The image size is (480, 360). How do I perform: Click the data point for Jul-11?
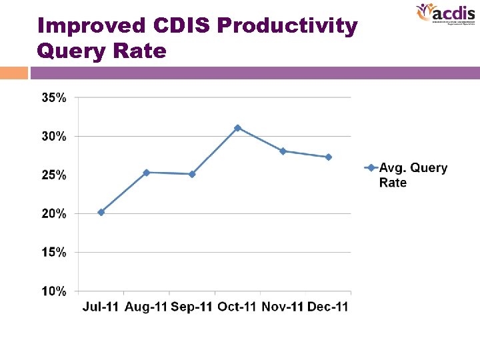(101, 212)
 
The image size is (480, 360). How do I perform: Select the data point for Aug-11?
(147, 173)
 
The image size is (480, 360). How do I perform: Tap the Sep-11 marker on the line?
(192, 174)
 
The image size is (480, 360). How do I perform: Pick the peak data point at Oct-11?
(237, 127)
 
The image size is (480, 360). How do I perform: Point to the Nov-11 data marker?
(283, 151)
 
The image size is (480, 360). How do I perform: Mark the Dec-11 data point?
(328, 157)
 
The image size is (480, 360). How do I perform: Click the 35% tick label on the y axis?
(54, 97)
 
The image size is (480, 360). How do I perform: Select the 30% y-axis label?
(54, 136)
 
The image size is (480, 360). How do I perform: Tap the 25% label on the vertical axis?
(54, 175)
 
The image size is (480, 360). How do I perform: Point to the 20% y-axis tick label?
(54, 214)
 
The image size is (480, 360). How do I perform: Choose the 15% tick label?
(54, 253)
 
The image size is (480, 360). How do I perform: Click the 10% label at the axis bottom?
(54, 291)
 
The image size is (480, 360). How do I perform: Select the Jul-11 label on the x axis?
(101, 307)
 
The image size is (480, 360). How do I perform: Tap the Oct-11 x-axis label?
(237, 307)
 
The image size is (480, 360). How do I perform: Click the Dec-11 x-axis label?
(327, 307)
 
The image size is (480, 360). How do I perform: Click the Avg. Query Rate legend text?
(413, 175)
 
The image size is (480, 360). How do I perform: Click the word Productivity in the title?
(287, 26)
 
